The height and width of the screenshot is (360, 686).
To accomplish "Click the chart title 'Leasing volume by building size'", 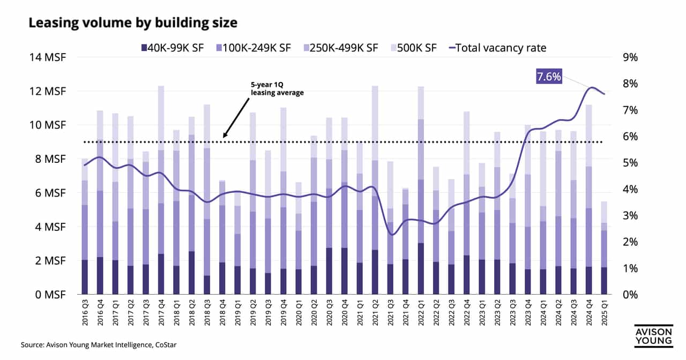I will point(132,23).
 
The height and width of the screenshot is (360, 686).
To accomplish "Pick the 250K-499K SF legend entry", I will point(339,48).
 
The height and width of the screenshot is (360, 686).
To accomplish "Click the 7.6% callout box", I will point(549,77).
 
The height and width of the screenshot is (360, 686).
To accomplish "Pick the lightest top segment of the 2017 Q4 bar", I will point(161,118).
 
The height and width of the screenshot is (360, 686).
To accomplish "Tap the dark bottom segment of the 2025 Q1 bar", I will point(603,281).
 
